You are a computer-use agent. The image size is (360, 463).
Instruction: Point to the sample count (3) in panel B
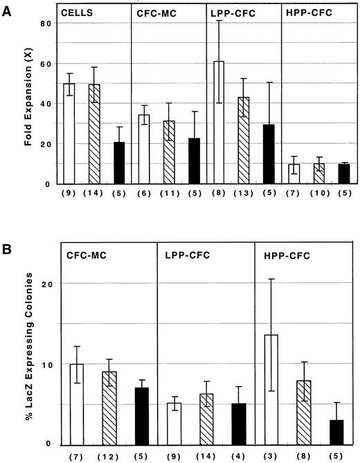271,457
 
